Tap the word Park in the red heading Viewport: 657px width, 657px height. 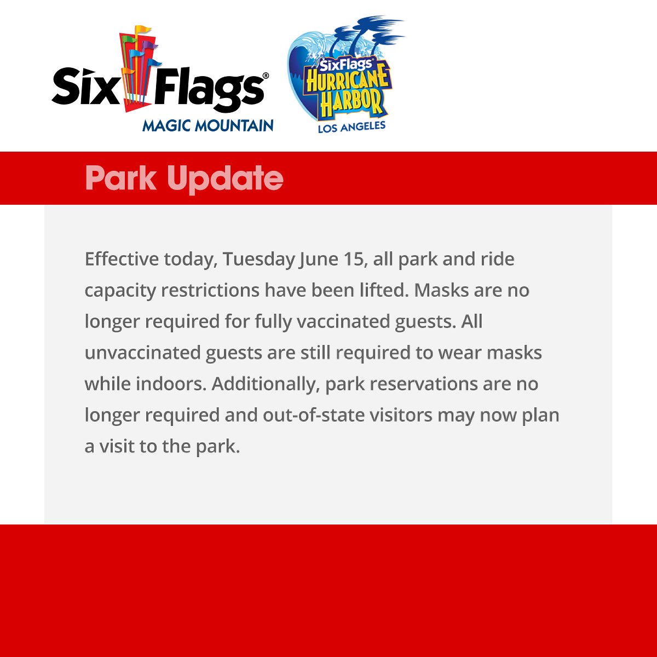tap(120, 178)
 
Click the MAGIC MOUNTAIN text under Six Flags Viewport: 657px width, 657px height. tap(208, 125)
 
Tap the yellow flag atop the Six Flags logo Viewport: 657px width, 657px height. tap(143, 29)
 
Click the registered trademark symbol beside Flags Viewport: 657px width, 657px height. tap(266, 75)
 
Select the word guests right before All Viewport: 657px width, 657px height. tap(425, 321)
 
